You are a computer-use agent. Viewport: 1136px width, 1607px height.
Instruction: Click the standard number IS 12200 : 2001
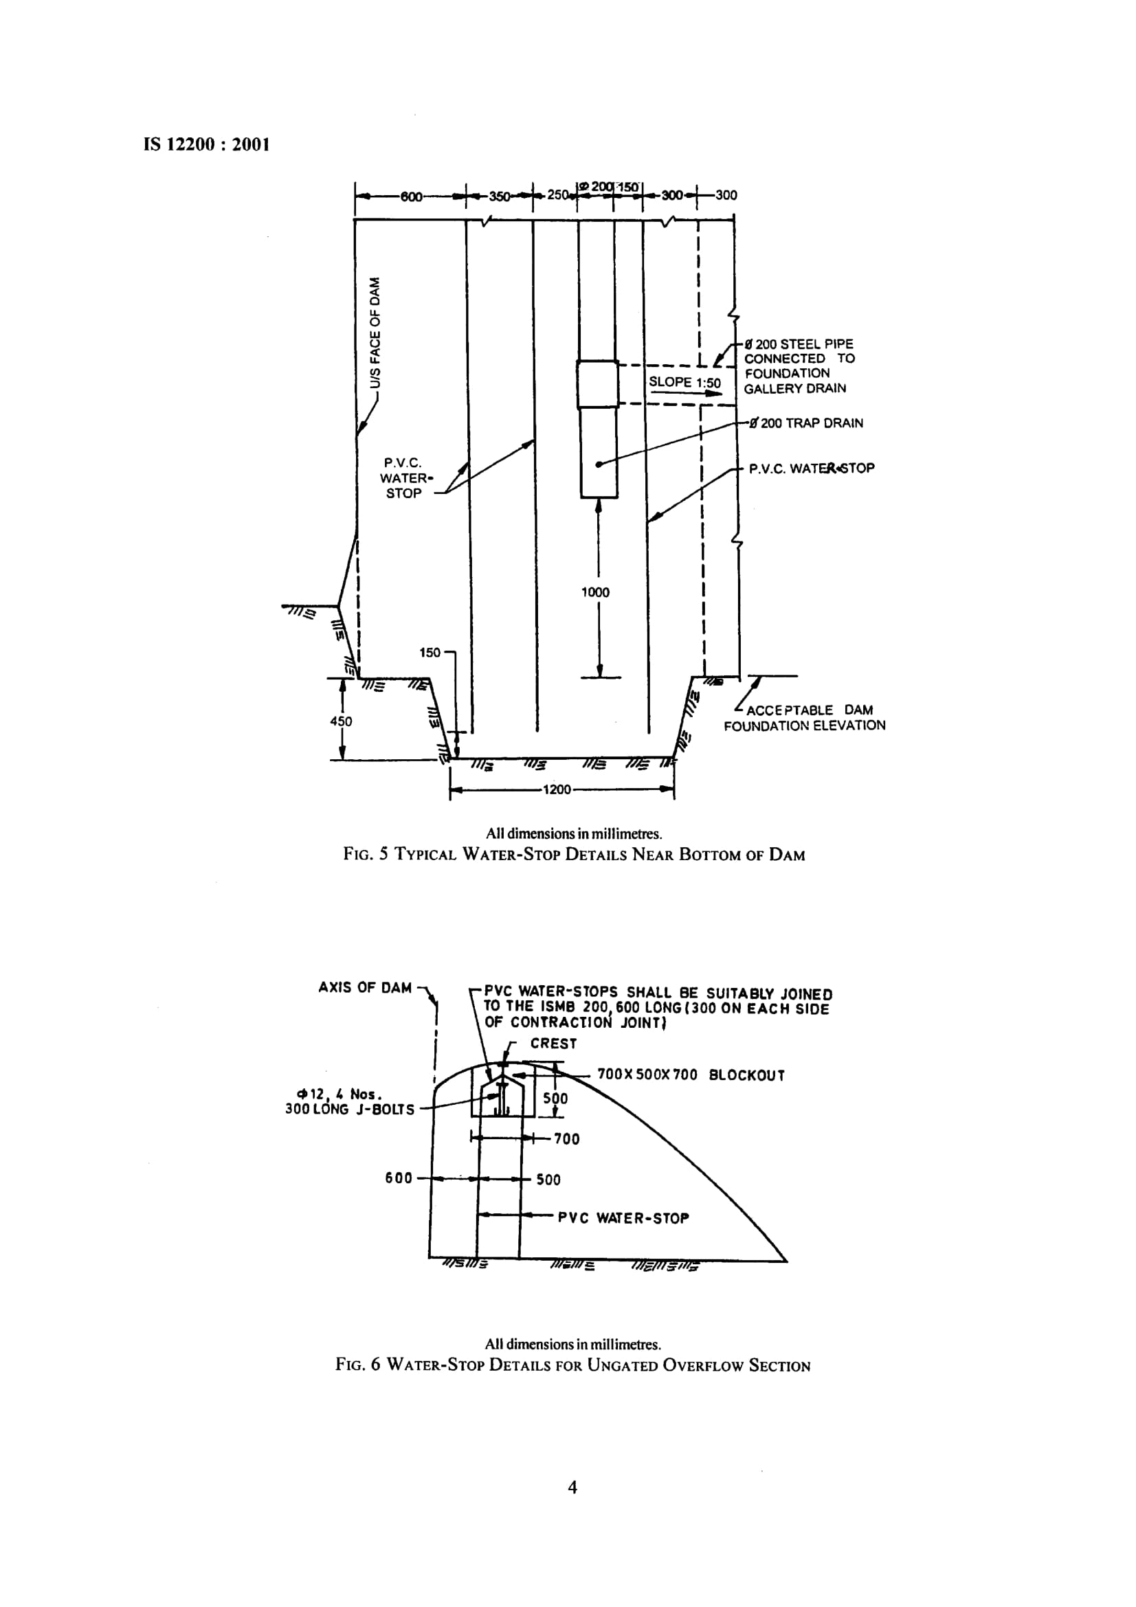206,145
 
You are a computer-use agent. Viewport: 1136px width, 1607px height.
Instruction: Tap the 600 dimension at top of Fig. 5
411,196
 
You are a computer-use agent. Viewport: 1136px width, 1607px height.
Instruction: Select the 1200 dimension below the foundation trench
557,790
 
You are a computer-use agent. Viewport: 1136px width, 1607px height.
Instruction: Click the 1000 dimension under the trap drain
595,592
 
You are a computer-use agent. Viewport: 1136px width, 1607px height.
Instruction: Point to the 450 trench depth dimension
341,721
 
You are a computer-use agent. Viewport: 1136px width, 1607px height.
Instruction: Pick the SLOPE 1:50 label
684,382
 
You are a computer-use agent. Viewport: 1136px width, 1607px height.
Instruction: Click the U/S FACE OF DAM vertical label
377,333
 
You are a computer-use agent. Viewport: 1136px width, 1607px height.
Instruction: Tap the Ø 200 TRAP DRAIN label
805,423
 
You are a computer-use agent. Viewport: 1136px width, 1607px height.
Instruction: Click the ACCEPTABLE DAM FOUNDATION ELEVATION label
805,718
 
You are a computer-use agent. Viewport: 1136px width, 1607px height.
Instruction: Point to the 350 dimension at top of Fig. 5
499,196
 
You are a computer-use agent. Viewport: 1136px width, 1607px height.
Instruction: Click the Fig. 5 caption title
574,855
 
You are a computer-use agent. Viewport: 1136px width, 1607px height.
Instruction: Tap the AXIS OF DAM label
365,987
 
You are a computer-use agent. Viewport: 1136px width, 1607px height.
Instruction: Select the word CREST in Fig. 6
554,1044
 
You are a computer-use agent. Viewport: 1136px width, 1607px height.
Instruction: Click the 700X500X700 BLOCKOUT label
691,1075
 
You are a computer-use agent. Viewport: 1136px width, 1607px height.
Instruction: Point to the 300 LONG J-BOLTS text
349,1110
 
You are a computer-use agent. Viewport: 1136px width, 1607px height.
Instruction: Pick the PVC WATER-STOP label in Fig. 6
623,1219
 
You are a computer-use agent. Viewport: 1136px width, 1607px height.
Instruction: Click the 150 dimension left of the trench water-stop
430,653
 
